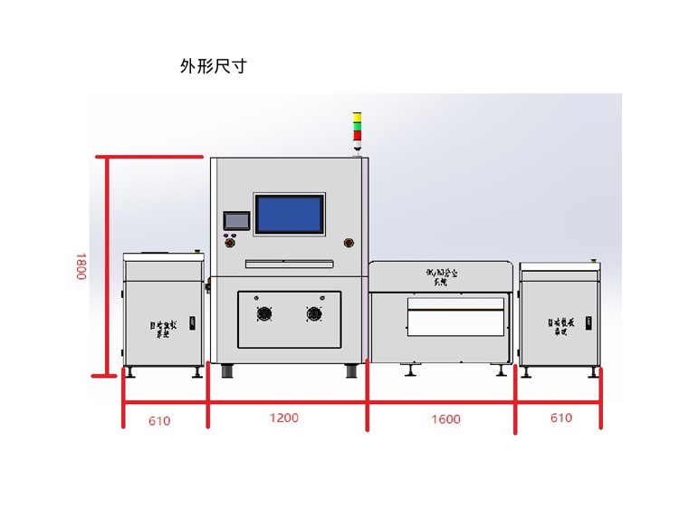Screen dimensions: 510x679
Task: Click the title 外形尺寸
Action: [213, 66]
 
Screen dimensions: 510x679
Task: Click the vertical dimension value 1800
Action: [81, 265]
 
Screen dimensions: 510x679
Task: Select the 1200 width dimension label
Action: [284, 418]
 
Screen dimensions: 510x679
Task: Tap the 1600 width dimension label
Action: [445, 419]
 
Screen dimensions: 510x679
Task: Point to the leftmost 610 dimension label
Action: [159, 420]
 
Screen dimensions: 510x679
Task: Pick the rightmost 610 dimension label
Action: [560, 418]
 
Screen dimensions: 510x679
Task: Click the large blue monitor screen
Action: [289, 214]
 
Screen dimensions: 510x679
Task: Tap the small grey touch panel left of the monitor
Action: [235, 220]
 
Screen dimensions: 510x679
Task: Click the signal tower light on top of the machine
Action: [357, 130]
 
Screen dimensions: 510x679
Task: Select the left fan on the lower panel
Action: [264, 314]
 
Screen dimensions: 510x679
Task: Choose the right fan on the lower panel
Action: [314, 314]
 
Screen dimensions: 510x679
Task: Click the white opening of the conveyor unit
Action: [455, 316]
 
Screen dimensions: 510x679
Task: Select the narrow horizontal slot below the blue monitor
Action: [289, 263]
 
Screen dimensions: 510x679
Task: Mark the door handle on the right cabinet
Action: [589, 322]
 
